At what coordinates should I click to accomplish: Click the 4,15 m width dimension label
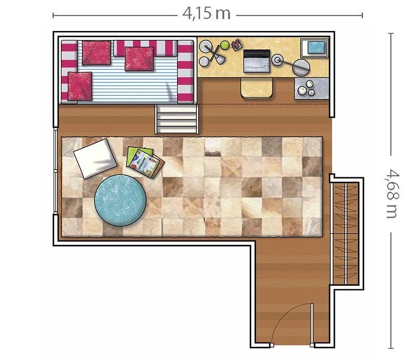[x=206, y=14]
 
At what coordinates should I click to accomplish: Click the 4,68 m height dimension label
[x=391, y=194]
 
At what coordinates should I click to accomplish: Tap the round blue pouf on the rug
[x=121, y=200]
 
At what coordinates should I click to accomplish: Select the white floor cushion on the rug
[x=95, y=158]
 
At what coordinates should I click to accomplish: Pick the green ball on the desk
[x=225, y=45]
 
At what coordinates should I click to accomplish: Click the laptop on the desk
[x=257, y=61]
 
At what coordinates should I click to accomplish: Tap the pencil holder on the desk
[x=236, y=44]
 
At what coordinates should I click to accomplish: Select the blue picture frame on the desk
[x=315, y=48]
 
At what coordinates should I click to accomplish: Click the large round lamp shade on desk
[x=301, y=67]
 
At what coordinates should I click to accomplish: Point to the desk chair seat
[x=257, y=89]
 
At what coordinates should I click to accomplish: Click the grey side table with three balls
[x=312, y=89]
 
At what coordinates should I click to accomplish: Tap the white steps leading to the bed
[x=177, y=119]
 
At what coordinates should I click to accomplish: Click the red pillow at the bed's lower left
[x=80, y=86]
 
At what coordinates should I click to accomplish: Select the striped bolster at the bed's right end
[x=185, y=71]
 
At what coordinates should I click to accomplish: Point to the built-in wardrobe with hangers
[x=346, y=233]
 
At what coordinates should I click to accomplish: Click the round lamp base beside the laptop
[x=277, y=60]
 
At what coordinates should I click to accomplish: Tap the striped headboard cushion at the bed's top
[x=146, y=48]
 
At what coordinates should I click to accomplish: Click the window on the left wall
[x=55, y=171]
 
